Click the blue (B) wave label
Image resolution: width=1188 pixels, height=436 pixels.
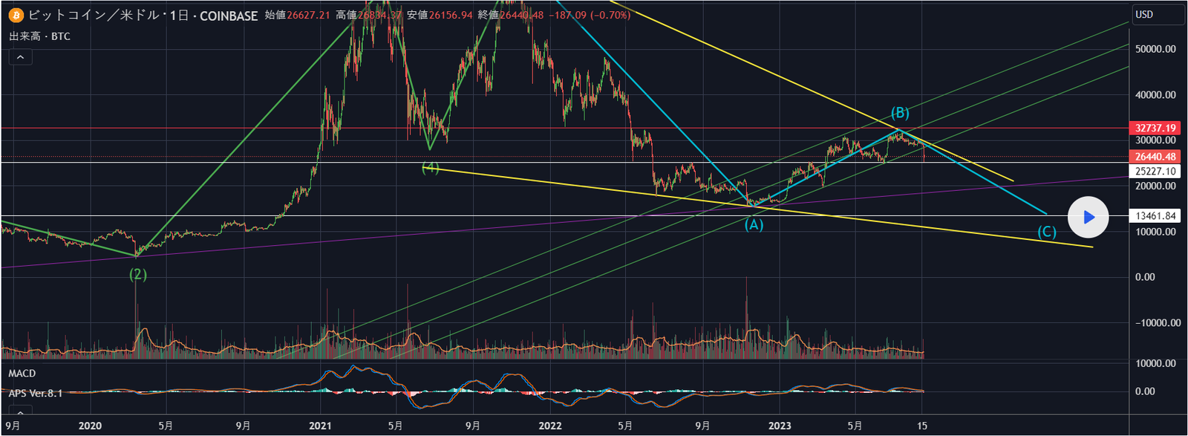pyautogui.click(x=900, y=113)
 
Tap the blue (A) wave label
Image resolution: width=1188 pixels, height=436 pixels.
pyautogui.click(x=754, y=224)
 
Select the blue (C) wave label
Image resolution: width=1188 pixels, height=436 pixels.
pyautogui.click(x=1046, y=232)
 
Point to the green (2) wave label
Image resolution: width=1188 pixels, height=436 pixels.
pyautogui.click(x=138, y=274)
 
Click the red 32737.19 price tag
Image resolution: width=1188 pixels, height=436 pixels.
pyautogui.click(x=1155, y=128)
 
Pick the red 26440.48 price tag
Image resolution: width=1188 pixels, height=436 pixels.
pyautogui.click(x=1155, y=157)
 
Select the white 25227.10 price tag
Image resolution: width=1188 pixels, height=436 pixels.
pyautogui.click(x=1155, y=171)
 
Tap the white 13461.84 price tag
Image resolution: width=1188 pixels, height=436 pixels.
pyautogui.click(x=1155, y=216)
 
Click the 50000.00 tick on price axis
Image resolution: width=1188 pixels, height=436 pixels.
pyautogui.click(x=1155, y=49)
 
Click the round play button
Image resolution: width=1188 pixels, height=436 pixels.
pyautogui.click(x=1088, y=218)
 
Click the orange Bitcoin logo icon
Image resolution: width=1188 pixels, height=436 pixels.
pyautogui.click(x=16, y=15)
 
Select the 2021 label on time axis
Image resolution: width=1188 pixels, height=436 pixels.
pyautogui.click(x=320, y=426)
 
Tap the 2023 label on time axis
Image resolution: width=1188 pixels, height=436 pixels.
pyautogui.click(x=780, y=426)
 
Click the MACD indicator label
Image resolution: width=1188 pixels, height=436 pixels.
pyautogui.click(x=22, y=374)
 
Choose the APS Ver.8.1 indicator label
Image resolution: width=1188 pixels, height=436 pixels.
pyautogui.click(x=36, y=393)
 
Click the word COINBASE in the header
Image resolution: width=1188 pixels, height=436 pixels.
pyautogui.click(x=229, y=16)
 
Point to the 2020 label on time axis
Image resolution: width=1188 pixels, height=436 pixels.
pyautogui.click(x=90, y=426)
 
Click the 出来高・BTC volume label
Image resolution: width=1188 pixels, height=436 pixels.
pyautogui.click(x=40, y=36)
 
